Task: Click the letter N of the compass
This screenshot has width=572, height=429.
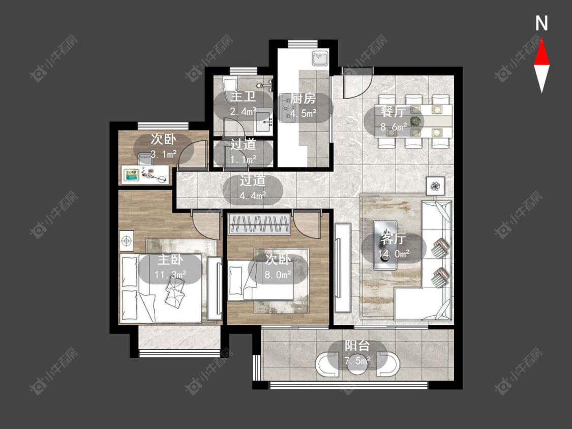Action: [x=541, y=23]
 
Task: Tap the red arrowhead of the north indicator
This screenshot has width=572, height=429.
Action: [x=541, y=52]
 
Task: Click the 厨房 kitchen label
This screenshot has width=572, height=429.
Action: [x=303, y=99]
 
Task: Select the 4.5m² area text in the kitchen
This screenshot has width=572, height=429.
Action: [x=304, y=113]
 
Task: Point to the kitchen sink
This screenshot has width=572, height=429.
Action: [x=320, y=58]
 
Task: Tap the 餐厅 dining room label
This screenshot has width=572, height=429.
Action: [x=393, y=112]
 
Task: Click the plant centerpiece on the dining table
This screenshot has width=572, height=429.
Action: [x=415, y=121]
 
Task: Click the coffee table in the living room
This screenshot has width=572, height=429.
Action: [x=385, y=245]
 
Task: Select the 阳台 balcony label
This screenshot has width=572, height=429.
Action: [x=357, y=346]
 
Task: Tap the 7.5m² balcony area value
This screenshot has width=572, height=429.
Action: [x=357, y=361]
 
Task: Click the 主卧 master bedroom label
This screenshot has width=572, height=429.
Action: [x=170, y=260]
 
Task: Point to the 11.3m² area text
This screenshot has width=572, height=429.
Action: [x=170, y=274]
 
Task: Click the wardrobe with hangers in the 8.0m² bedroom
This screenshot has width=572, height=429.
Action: [x=259, y=225]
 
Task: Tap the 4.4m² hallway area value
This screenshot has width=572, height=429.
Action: [x=252, y=196]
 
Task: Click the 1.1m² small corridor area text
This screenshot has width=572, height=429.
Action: [x=244, y=160]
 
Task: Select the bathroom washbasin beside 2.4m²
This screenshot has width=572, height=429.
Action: [x=263, y=122]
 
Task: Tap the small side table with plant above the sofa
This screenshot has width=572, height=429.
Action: [x=435, y=186]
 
